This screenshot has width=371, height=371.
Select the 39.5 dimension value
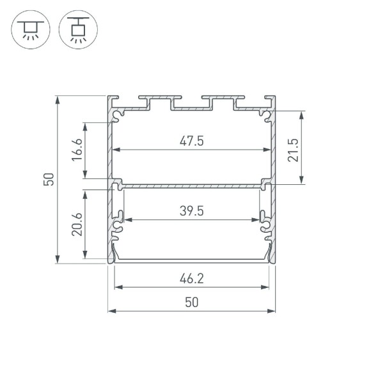(191, 210)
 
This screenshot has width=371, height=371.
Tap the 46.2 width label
(191, 278)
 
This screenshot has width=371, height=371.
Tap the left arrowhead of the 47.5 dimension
(116, 151)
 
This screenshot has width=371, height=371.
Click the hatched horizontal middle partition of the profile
(191, 186)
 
